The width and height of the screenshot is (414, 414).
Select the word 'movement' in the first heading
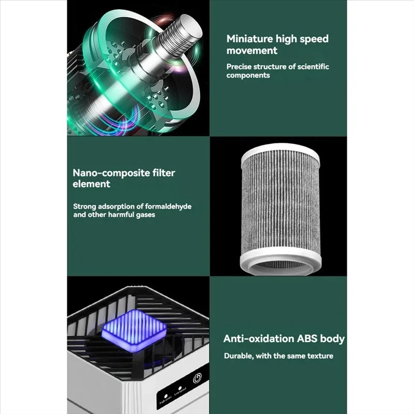coord(252,51)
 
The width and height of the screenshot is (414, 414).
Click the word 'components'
coord(248,75)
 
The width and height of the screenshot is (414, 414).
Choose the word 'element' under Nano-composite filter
coord(92,184)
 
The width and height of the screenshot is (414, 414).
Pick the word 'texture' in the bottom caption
coord(319,356)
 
